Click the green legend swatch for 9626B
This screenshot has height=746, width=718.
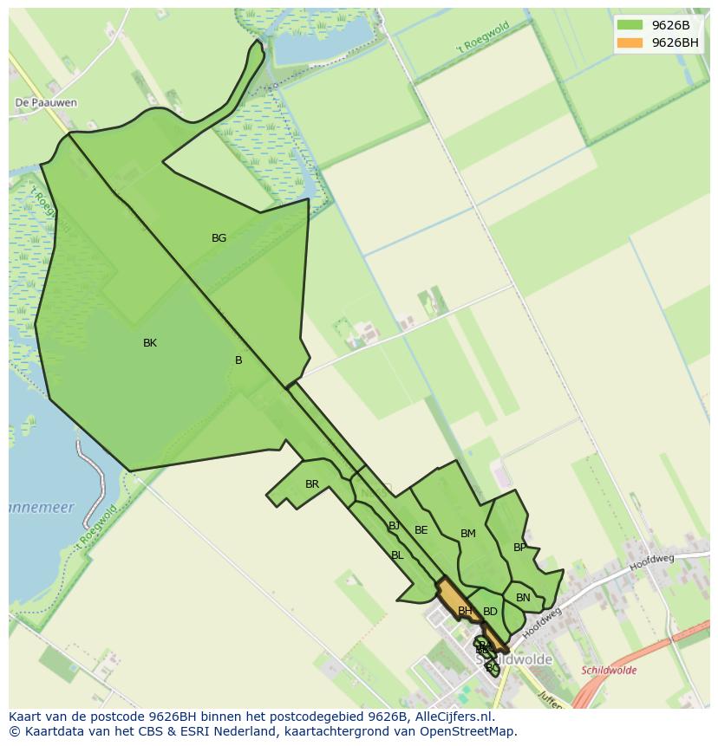click(x=630, y=25)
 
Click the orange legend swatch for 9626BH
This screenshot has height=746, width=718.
click(x=630, y=42)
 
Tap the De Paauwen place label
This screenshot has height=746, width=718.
click(x=46, y=102)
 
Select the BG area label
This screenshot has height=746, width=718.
click(x=219, y=237)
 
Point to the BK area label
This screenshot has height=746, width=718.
click(x=150, y=343)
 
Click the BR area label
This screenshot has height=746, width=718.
click(x=312, y=484)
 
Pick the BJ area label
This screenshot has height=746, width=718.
click(x=395, y=526)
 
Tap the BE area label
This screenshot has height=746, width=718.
click(x=421, y=530)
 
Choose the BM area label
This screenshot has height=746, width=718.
click(x=468, y=534)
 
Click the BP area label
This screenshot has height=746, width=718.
click(x=519, y=548)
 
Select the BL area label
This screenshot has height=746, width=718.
click(x=397, y=555)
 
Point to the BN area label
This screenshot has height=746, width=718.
click(x=523, y=598)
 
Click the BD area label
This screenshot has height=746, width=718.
click(x=490, y=612)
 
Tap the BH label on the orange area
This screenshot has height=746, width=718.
click(x=465, y=611)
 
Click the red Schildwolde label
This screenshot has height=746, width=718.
click(x=609, y=671)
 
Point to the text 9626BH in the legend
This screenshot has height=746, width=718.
click(x=675, y=42)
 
